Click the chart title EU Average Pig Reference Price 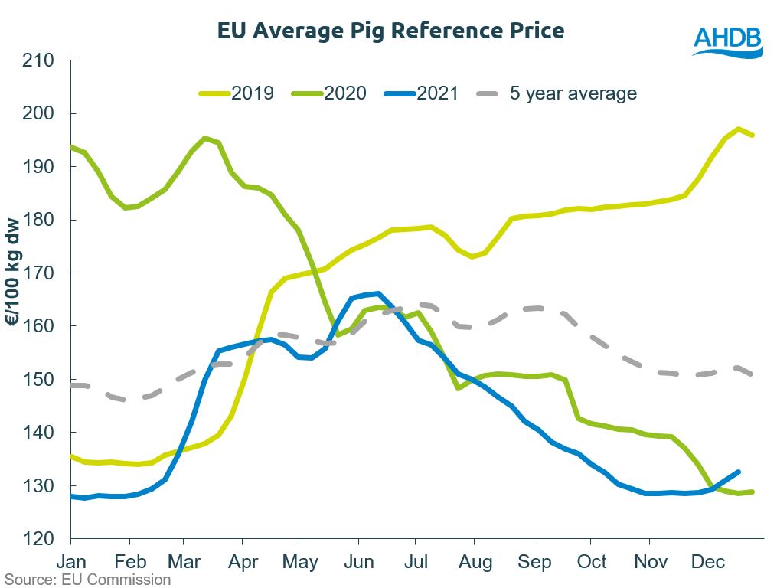click(x=390, y=31)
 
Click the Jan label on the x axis click(x=71, y=563)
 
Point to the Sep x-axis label click(x=534, y=563)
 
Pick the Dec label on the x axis click(x=708, y=563)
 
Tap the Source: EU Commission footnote click(x=86, y=580)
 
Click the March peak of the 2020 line click(x=205, y=139)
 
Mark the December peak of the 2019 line click(x=738, y=129)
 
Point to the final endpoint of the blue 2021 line click(x=739, y=472)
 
